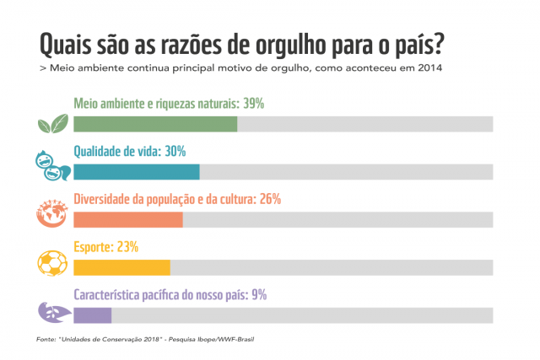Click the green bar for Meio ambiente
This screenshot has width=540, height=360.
coord(155,124)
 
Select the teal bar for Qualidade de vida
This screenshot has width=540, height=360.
coord(137,172)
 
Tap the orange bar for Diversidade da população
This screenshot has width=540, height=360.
coord(128,220)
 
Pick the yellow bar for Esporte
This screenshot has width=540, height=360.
coord(122,267)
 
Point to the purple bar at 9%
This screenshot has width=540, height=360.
coord(93,315)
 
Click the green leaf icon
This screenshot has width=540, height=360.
coord(52,124)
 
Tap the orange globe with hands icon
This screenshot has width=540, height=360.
coord(51,214)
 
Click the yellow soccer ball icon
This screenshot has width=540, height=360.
coord(52,262)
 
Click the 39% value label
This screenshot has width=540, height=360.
coord(254,104)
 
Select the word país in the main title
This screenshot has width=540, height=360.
coord(425,43)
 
